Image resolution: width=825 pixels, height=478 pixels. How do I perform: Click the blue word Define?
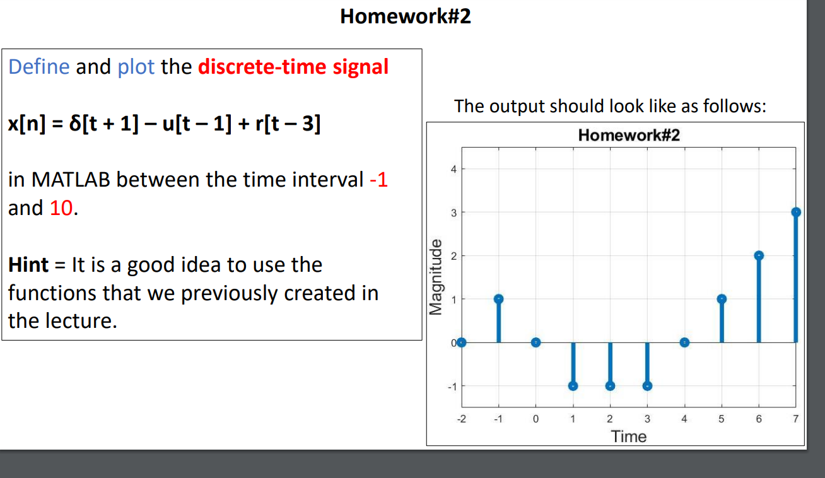point(38,66)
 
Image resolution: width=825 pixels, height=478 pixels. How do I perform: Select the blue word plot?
point(136,66)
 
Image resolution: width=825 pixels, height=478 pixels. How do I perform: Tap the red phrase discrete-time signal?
point(293,66)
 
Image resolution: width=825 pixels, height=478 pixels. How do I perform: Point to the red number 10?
point(61,207)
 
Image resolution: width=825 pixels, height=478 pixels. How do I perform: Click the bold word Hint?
point(28,265)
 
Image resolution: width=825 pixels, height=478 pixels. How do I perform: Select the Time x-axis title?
point(629,436)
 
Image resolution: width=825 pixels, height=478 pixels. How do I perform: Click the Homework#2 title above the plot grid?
point(629,135)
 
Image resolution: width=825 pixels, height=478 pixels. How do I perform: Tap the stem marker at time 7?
point(796,212)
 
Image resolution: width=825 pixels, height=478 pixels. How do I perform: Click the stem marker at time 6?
point(759,255)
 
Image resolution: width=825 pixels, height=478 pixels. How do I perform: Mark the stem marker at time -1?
point(498,299)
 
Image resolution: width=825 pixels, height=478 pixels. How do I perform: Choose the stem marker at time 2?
point(610,385)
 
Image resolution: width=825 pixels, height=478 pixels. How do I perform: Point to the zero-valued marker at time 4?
point(684,342)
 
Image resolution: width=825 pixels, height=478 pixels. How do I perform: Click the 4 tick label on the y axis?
point(452,168)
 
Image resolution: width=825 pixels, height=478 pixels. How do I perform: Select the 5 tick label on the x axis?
point(722,419)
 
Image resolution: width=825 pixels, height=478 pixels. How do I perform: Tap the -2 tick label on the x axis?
point(461,419)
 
